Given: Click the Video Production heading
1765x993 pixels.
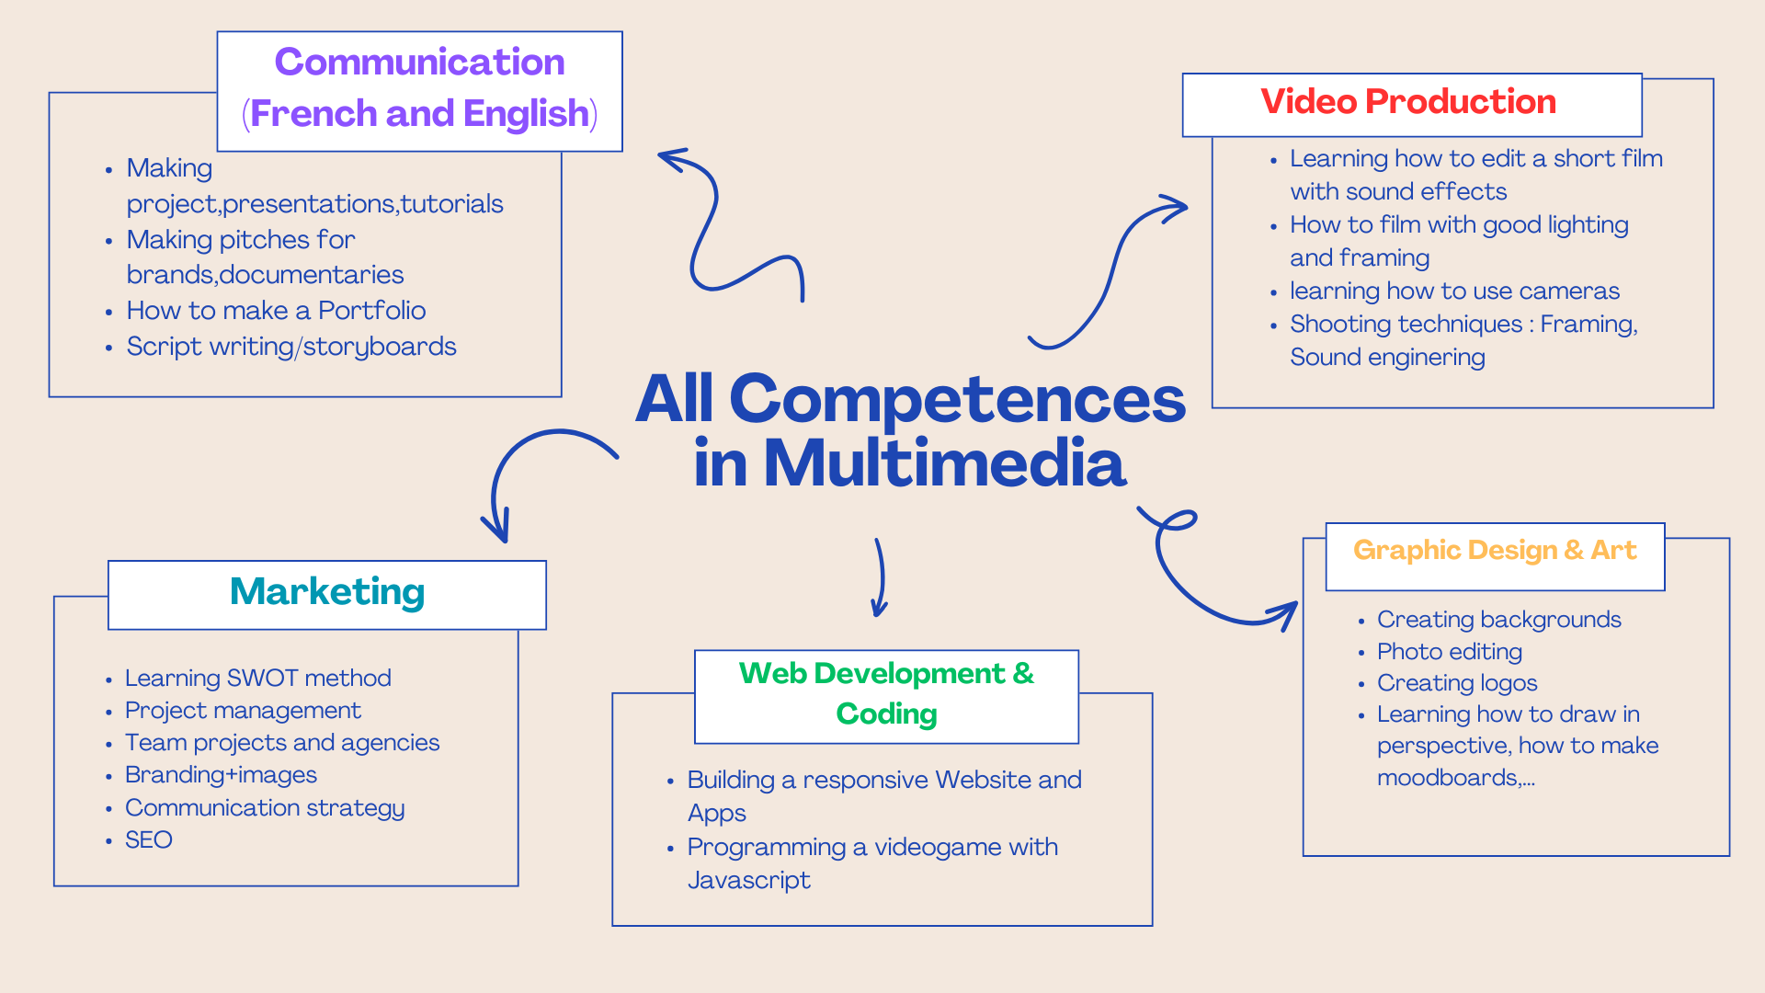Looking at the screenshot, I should point(1407,102).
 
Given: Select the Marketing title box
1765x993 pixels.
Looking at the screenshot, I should point(327,593).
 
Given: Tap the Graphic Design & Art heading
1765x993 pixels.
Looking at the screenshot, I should point(1494,551).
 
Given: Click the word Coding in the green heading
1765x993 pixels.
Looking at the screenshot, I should point(886,714).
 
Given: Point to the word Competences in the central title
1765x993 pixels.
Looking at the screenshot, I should point(956,399).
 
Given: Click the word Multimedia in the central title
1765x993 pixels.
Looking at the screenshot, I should point(943,463).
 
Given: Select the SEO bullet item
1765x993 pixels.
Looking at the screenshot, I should point(149,840).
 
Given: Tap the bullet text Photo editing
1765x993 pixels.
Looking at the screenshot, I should point(1449,652).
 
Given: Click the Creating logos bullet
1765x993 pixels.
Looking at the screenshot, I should point(1456,683).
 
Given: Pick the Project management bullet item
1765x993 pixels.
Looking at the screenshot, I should point(243,711).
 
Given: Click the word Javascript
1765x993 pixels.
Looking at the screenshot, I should point(748,881).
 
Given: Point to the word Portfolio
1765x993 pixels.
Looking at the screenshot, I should point(371,311).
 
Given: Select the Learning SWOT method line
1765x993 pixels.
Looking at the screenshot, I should point(257,679).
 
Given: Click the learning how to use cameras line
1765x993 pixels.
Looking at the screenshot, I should point(1453,291).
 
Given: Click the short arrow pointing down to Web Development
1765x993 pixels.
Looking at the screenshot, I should point(880,579).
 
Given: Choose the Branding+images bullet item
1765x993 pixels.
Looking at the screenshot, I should point(221,775).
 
